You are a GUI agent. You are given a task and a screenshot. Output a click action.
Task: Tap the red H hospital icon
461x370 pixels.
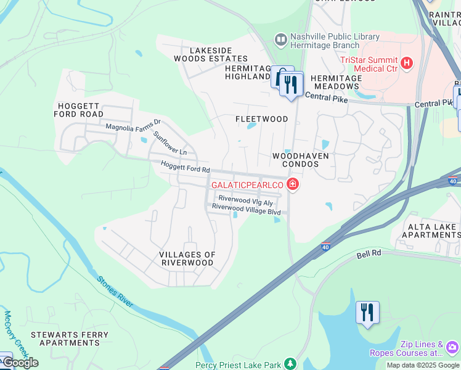click(406, 62)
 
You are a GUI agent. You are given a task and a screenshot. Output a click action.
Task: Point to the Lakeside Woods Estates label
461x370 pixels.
click(202, 54)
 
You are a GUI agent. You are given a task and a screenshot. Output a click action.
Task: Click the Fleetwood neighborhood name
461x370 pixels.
click(262, 119)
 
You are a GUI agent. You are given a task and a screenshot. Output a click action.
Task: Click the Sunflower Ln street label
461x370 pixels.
click(170, 143)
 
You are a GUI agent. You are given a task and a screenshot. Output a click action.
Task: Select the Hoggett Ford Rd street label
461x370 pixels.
click(186, 166)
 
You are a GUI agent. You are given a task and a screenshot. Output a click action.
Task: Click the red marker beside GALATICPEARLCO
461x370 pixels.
click(292, 184)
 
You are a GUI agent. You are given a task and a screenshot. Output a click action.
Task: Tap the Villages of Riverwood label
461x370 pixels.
click(187, 258)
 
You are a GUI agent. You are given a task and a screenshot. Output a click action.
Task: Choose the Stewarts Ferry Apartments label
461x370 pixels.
click(70, 339)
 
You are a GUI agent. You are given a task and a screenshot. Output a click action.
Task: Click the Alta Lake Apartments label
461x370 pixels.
click(430, 231)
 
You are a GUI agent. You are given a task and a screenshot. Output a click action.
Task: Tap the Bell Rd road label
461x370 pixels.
click(370, 255)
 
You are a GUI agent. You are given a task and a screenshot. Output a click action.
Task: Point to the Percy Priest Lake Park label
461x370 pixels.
click(237, 364)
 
